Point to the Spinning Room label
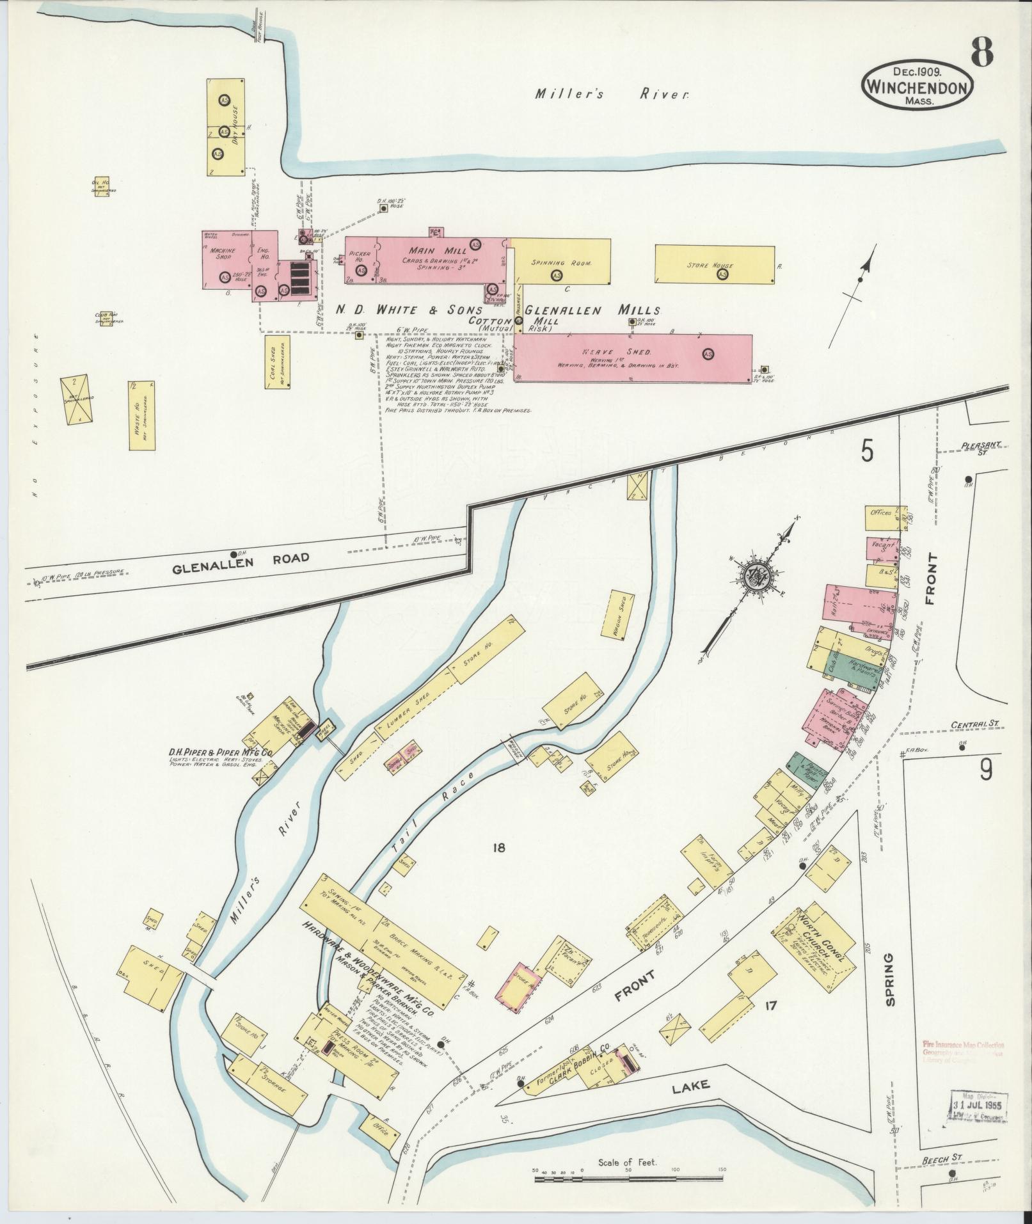tap(560, 263)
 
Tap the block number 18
tap(500, 848)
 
